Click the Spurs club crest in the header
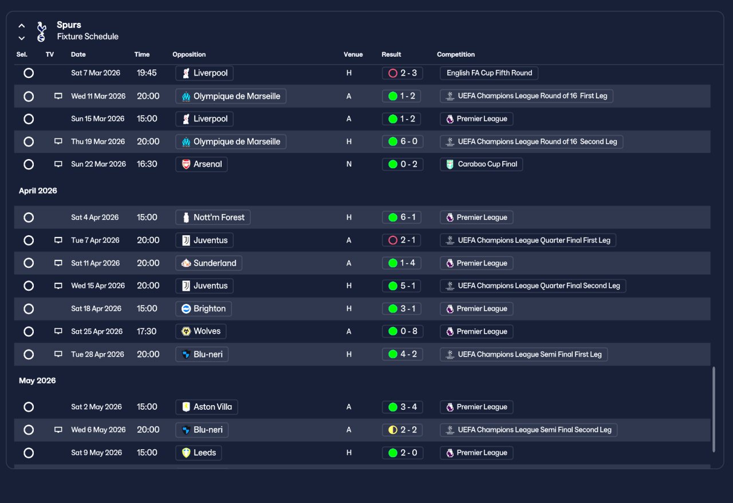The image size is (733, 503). coord(41,31)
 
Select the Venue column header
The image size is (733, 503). coord(353,54)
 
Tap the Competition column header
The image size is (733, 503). coord(455,54)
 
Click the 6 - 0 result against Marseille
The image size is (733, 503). coord(403,141)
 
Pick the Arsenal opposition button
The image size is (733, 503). coord(202,164)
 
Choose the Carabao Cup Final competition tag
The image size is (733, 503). coord(482,164)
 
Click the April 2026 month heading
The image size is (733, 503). coord(38,191)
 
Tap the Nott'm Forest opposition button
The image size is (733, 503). coord(213,217)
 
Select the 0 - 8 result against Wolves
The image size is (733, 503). coord(403,331)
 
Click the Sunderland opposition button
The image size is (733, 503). coord(209,263)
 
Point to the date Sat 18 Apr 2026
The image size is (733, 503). coord(96,309)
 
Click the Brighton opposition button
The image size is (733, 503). coord(203,309)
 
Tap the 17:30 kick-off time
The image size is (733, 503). coord(147,331)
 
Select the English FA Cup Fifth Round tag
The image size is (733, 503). coord(489,73)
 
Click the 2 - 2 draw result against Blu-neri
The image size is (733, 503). coord(402,430)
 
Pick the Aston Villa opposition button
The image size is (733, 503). coord(207,407)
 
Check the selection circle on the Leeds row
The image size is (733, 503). coord(29,453)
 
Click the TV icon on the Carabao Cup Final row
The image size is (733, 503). coord(58,164)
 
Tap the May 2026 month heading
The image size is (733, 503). coord(37,381)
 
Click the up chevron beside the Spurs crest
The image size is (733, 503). coord(22,26)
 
